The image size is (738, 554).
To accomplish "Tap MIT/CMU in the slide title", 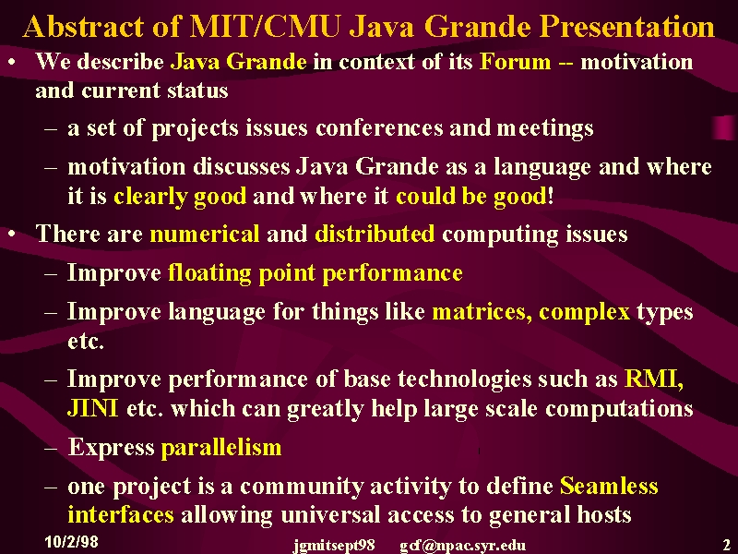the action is (x=264, y=27).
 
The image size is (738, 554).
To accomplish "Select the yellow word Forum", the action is (x=515, y=62).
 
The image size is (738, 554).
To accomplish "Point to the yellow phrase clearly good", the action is (x=180, y=196).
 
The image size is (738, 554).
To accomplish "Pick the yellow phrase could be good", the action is (x=471, y=196).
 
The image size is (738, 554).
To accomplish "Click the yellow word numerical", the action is (x=204, y=234).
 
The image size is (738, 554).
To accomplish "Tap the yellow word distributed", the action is (x=375, y=234).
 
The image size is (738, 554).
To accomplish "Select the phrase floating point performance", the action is (x=315, y=273).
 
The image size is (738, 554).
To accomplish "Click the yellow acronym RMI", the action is (x=654, y=379).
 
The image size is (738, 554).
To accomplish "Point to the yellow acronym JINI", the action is (x=93, y=408).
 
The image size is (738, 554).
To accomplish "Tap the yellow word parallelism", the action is (x=221, y=448).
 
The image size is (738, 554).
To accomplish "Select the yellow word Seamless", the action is (x=609, y=486).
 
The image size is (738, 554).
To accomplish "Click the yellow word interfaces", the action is (x=121, y=514).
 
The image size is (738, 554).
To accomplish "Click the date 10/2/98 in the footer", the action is (x=72, y=542).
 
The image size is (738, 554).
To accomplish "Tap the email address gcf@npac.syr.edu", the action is (x=463, y=546).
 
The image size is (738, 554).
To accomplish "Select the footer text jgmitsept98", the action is (x=334, y=546).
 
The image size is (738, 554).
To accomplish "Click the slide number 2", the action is (x=727, y=542).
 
